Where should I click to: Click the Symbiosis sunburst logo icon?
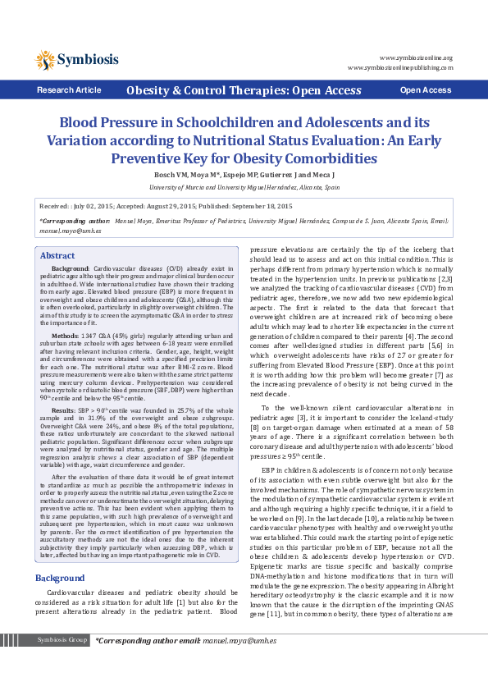pos(46,59)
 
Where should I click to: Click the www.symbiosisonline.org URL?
pos(416,57)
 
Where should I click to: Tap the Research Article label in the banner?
pos(70,90)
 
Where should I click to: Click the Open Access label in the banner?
pos(425,90)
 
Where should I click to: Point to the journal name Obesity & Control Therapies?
pos(244,90)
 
